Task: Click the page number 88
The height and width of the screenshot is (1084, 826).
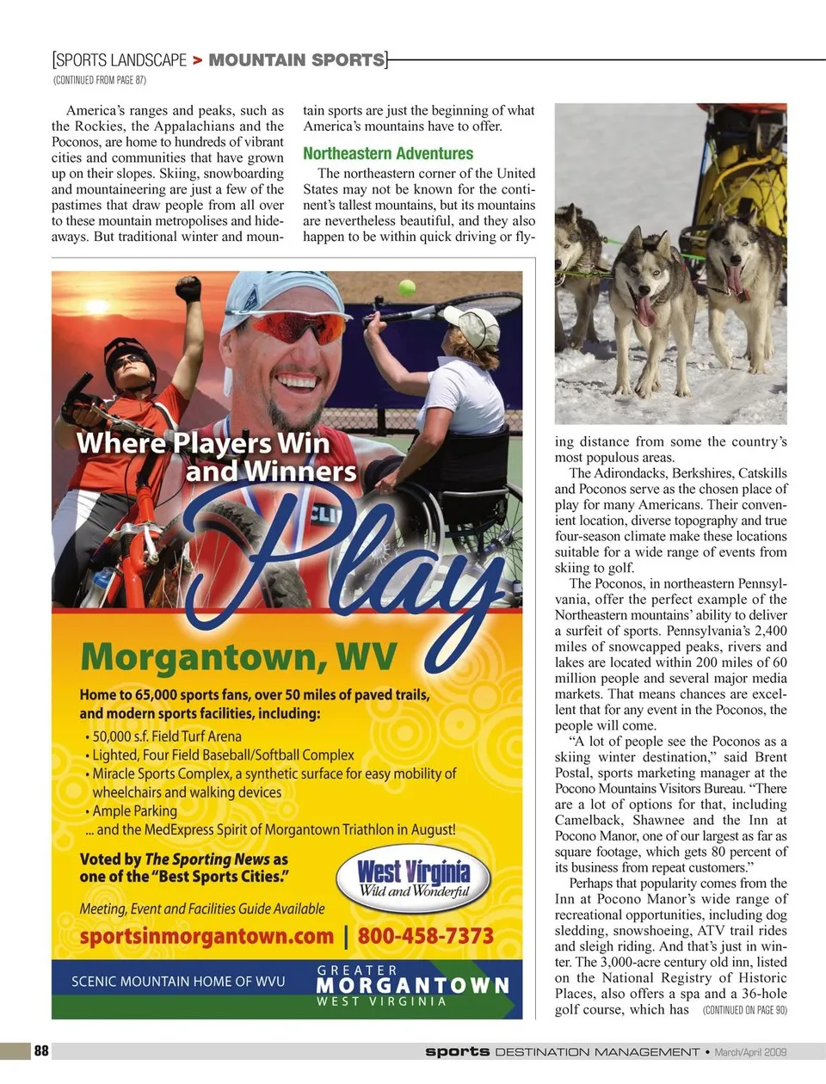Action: [41, 1050]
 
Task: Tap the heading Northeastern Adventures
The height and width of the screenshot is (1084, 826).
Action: [388, 154]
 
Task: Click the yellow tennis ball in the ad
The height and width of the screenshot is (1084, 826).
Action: [407, 287]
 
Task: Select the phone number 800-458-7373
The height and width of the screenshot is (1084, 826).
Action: [426, 936]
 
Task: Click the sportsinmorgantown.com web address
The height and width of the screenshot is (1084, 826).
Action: [206, 936]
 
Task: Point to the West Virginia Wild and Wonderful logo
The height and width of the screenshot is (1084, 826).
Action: [413, 879]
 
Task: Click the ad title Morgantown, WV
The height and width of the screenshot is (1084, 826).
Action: [238, 657]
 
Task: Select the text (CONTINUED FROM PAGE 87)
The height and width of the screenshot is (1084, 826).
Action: [100, 80]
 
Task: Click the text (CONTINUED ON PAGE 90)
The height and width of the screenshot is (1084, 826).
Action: [744, 1010]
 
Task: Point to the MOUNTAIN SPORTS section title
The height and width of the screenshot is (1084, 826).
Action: [297, 60]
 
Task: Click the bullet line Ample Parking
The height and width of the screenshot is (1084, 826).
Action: [135, 810]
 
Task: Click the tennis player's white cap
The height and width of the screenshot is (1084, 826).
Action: [475, 325]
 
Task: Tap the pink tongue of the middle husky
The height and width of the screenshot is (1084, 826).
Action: [645, 310]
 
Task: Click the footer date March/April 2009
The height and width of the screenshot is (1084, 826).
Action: [750, 1051]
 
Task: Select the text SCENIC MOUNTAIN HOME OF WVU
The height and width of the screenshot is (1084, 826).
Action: [178, 981]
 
